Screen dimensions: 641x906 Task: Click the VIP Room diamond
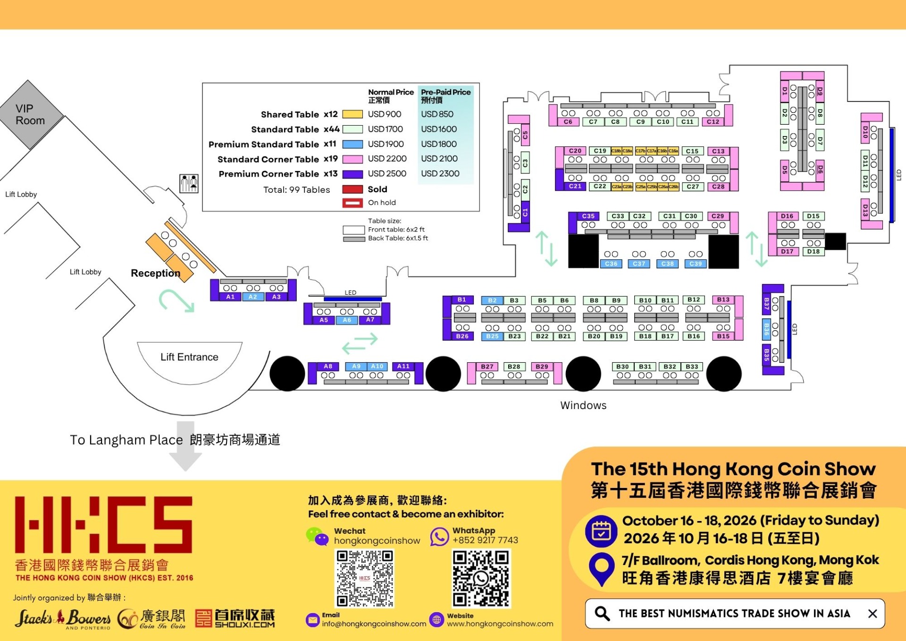pyautogui.click(x=30, y=114)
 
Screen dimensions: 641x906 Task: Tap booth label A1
pyautogui.click(x=230, y=297)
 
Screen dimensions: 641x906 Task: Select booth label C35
pyautogui.click(x=588, y=216)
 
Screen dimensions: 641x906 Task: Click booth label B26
pyautogui.click(x=462, y=336)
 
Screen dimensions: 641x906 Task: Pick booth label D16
pyautogui.click(x=787, y=216)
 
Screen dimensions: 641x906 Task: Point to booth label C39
pyautogui.click(x=696, y=264)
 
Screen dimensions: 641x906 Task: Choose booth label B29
pyautogui.click(x=542, y=367)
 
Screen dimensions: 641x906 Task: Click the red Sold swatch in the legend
pyautogui.click(x=352, y=189)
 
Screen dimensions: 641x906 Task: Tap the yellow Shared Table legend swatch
pyautogui.click(x=352, y=114)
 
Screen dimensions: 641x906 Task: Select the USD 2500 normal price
pyautogui.click(x=387, y=174)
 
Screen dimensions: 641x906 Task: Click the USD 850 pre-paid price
pyautogui.click(x=437, y=114)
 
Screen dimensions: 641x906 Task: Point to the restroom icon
pyautogui.click(x=189, y=183)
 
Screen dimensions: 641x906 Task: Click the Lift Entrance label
pyautogui.click(x=189, y=357)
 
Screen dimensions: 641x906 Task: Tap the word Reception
pyautogui.click(x=155, y=273)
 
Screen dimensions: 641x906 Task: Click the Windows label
pyautogui.click(x=583, y=405)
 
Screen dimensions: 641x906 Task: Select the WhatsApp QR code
pyautogui.click(x=481, y=578)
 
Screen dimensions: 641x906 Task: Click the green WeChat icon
pyautogui.click(x=317, y=537)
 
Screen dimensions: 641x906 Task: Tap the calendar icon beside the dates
pyautogui.click(x=601, y=530)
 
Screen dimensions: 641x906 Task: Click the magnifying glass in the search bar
pyautogui.click(x=602, y=613)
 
